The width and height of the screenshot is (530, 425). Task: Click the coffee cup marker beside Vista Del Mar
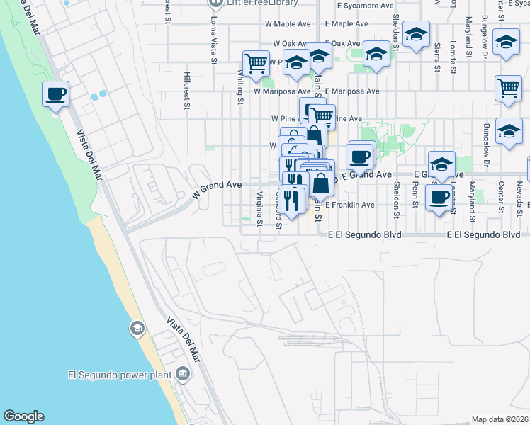point(55,93)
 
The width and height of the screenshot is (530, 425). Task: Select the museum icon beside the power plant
point(183,373)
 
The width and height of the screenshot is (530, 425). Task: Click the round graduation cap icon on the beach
point(136,328)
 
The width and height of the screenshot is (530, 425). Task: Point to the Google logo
point(23,416)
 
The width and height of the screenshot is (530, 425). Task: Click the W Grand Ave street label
point(217,188)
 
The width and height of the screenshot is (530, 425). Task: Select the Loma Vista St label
point(213,40)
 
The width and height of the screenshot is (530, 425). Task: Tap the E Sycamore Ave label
point(365,5)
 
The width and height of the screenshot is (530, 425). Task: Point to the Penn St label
point(416,198)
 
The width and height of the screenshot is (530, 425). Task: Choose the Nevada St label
point(519,195)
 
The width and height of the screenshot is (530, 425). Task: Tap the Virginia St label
point(260,208)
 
